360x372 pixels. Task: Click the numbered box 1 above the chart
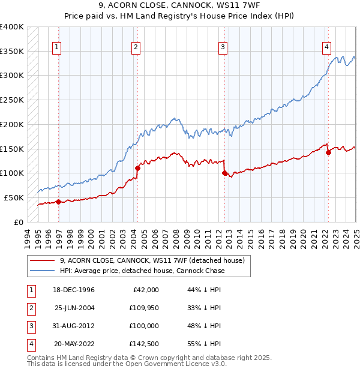tap(56, 47)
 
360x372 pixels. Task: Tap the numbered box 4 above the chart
tap(326, 47)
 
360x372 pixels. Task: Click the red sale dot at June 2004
tap(137, 168)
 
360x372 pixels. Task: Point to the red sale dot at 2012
tap(225, 173)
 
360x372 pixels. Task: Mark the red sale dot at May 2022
tap(329, 152)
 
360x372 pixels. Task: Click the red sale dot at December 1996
tap(58, 202)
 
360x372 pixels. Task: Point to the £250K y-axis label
tap(12, 100)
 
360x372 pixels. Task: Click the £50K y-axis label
tap(14, 197)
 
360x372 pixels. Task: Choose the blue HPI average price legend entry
tap(142, 271)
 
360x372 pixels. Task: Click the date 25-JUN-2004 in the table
tap(74, 308)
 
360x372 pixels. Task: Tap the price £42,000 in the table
tap(144, 290)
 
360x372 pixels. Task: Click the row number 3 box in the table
tap(30, 326)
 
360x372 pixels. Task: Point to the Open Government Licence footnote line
tap(127, 364)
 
